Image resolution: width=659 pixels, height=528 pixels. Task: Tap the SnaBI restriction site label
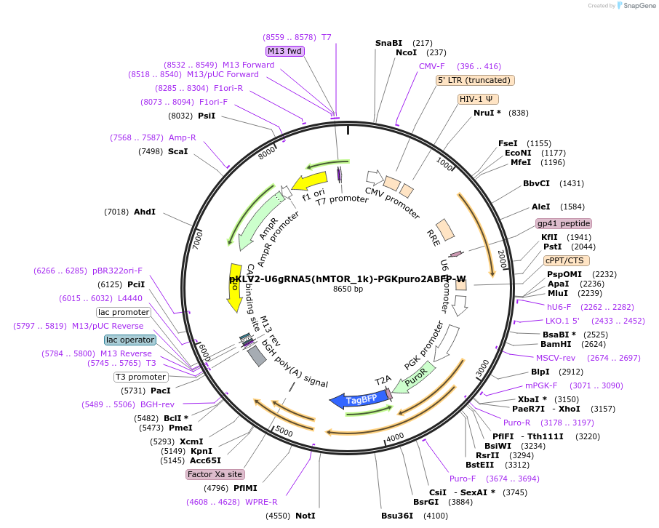click(x=388, y=44)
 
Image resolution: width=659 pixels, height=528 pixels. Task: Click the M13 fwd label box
click(x=285, y=51)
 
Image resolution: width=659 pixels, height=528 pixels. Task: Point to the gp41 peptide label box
click(x=564, y=223)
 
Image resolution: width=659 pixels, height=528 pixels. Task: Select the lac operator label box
click(x=129, y=340)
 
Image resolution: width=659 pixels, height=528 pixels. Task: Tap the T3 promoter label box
click(x=140, y=377)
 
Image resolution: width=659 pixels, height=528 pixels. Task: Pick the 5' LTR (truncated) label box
click(x=476, y=80)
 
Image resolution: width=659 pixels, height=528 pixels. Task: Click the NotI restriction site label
click(x=305, y=516)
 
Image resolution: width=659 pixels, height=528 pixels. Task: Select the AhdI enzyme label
click(x=145, y=212)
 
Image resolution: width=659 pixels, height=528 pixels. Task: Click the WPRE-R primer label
click(x=262, y=502)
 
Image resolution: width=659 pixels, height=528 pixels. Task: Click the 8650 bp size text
click(x=348, y=289)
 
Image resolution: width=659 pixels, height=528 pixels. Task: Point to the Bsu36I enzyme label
click(x=397, y=516)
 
